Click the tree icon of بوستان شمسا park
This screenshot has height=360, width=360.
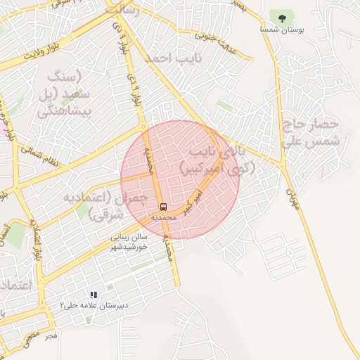pyautogui.click(x=283, y=18)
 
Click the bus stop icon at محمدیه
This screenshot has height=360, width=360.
pyautogui.click(x=164, y=207)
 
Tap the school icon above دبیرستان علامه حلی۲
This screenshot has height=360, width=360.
pyautogui.click(x=93, y=295)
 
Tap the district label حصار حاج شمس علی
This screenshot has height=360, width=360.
pyautogui.click(x=311, y=132)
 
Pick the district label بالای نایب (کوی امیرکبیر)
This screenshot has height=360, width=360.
pyautogui.click(x=217, y=160)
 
